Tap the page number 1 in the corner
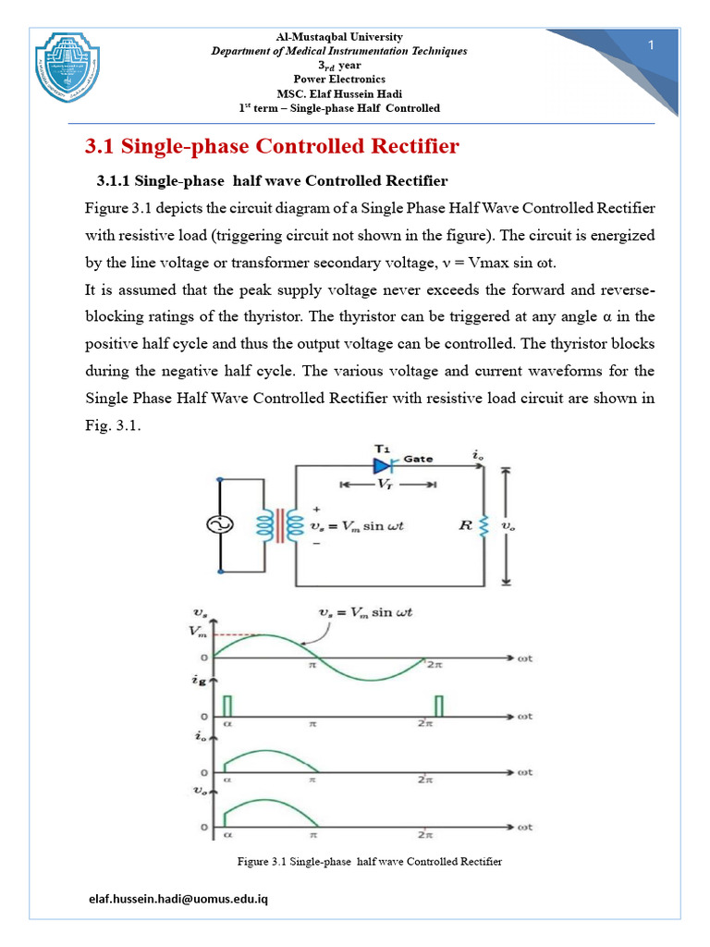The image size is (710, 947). pyautogui.click(x=651, y=47)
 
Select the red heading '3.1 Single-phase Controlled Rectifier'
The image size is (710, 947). pyautogui.click(x=272, y=147)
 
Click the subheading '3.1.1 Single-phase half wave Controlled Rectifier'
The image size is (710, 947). pyautogui.click(x=272, y=179)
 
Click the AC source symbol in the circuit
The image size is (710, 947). pyautogui.click(x=220, y=525)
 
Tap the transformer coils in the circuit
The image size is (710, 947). pyautogui.click(x=279, y=525)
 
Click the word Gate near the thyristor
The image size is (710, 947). pyautogui.click(x=418, y=459)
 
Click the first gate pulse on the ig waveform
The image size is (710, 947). pyautogui.click(x=226, y=706)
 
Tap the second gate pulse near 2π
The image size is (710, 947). pyautogui.click(x=439, y=705)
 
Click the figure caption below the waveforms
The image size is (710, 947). pyautogui.click(x=370, y=861)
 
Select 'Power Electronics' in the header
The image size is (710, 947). pyautogui.click(x=339, y=80)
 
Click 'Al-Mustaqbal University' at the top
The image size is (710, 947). pyautogui.click(x=339, y=37)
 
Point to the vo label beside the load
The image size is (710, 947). pyautogui.click(x=508, y=525)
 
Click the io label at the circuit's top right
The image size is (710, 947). pyautogui.click(x=477, y=455)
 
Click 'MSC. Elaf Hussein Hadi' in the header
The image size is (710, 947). pyautogui.click(x=339, y=93)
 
